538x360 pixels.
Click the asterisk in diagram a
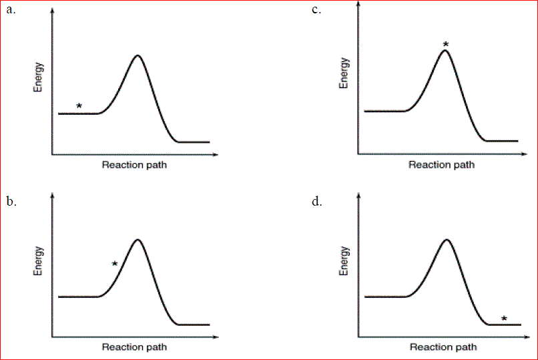tap(79, 106)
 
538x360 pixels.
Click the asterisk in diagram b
tap(115, 264)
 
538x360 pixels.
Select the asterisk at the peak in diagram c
tap(446, 45)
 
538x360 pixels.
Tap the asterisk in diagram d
tap(504, 319)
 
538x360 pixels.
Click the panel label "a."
tap(11, 10)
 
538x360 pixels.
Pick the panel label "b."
tap(11, 200)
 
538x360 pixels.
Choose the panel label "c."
tap(316, 10)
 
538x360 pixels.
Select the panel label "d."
tap(317, 200)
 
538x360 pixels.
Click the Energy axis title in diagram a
tap(39, 77)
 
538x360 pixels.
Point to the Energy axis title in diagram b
tap(39, 261)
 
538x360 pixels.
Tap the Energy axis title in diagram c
tap(345, 73)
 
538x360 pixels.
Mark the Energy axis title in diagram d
tap(345, 261)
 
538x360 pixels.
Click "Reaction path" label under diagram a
tap(134, 165)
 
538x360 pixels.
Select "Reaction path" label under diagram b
tap(134, 347)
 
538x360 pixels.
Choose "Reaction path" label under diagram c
tap(442, 165)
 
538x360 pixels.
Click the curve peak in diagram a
tap(138, 55)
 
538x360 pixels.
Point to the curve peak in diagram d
tap(446, 239)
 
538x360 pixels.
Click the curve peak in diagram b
tap(138, 239)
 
